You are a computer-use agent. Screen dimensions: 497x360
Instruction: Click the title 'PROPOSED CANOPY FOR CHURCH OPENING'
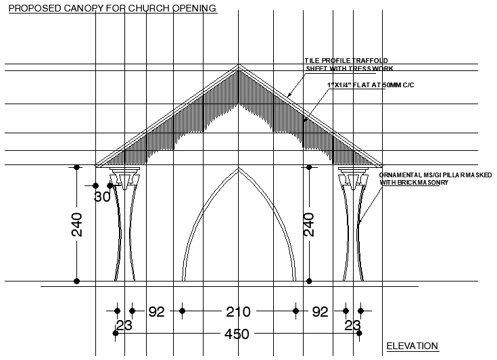[112, 9]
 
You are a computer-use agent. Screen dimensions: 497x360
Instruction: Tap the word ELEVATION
[412, 346]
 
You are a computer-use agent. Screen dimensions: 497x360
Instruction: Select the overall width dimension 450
[237, 334]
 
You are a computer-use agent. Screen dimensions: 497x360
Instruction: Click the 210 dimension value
[238, 312]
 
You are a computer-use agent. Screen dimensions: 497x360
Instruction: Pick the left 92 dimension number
[156, 312]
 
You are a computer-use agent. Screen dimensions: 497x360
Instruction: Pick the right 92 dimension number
[320, 312]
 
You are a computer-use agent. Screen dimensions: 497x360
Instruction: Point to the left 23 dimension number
[124, 325]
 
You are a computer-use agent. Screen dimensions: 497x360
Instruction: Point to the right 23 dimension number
[352, 325]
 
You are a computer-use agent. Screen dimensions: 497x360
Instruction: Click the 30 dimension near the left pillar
[101, 197]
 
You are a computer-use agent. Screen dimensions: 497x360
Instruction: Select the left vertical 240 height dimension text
[76, 225]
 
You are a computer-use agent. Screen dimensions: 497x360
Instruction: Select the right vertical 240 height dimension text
[309, 225]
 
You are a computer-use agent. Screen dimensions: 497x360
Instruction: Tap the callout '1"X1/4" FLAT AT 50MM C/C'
[364, 85]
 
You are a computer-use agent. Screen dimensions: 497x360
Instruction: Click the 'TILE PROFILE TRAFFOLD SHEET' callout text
[349, 65]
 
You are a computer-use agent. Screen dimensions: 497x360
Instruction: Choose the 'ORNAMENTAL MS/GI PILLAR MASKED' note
[427, 179]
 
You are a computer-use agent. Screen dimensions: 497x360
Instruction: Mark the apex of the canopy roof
[238, 65]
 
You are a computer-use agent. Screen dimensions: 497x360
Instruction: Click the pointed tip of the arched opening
[238, 169]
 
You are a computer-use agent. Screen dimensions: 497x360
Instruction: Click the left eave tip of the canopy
[96, 164]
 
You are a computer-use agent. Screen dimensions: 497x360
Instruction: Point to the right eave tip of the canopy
[381, 164]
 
